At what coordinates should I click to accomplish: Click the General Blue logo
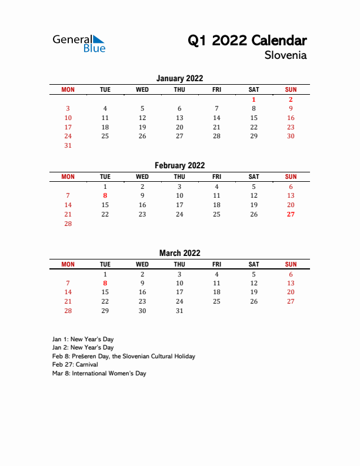point(79,43)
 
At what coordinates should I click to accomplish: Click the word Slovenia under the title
point(285,55)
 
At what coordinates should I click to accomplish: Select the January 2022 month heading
point(179,78)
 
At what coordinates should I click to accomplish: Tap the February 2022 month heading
point(179,165)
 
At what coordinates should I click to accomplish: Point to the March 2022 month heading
point(179,253)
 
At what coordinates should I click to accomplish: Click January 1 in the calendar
point(254,99)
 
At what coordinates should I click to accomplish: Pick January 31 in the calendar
point(68,145)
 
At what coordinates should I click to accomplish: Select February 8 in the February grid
point(105,195)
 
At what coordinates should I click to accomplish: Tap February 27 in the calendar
point(291,214)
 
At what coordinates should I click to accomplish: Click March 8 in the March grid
point(105,283)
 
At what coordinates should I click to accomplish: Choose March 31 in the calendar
point(179,311)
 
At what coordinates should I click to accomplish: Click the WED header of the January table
point(142,89)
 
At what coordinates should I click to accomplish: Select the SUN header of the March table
point(291,264)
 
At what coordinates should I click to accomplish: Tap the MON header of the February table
point(68,177)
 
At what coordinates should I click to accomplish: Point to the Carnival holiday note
point(74,365)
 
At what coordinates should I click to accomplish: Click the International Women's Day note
point(99,373)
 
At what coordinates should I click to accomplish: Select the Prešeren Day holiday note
point(124,356)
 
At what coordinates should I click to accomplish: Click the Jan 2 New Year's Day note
point(83,348)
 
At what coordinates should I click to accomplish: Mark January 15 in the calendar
point(254,118)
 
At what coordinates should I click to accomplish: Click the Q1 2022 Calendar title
point(247,41)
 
